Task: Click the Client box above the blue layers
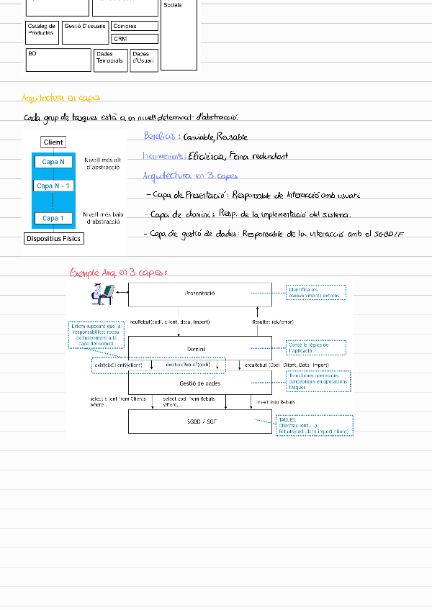(53, 142)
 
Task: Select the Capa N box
(53, 163)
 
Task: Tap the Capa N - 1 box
(53, 186)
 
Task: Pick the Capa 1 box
(53, 218)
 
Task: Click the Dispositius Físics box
(53, 238)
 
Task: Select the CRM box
(134, 38)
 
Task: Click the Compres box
(134, 26)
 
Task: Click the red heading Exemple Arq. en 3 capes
(118, 273)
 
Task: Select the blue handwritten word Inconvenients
(164, 155)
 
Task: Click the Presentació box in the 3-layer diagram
(199, 293)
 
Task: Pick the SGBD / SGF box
(199, 420)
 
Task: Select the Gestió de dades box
(199, 384)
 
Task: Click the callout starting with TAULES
(314, 425)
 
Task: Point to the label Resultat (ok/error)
(272, 322)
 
